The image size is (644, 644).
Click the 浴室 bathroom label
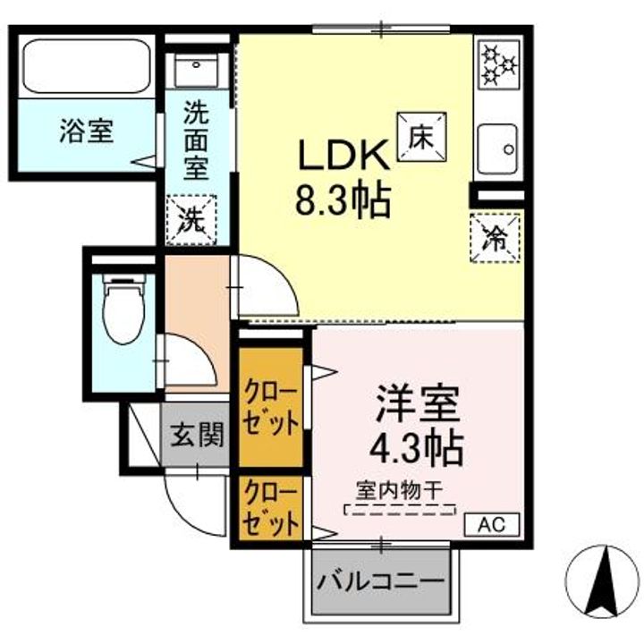pyautogui.click(x=86, y=131)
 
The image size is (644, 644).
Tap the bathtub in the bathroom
pyautogui.click(x=86, y=67)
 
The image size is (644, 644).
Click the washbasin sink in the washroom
pyautogui.click(x=197, y=68)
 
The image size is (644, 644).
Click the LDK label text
pyautogui.click(x=343, y=158)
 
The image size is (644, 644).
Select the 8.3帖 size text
pyautogui.click(x=343, y=202)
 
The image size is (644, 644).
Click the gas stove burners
pyautogui.click(x=498, y=65)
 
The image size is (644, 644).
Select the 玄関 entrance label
pyautogui.click(x=197, y=436)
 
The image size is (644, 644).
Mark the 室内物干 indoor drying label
pyautogui.click(x=400, y=490)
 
